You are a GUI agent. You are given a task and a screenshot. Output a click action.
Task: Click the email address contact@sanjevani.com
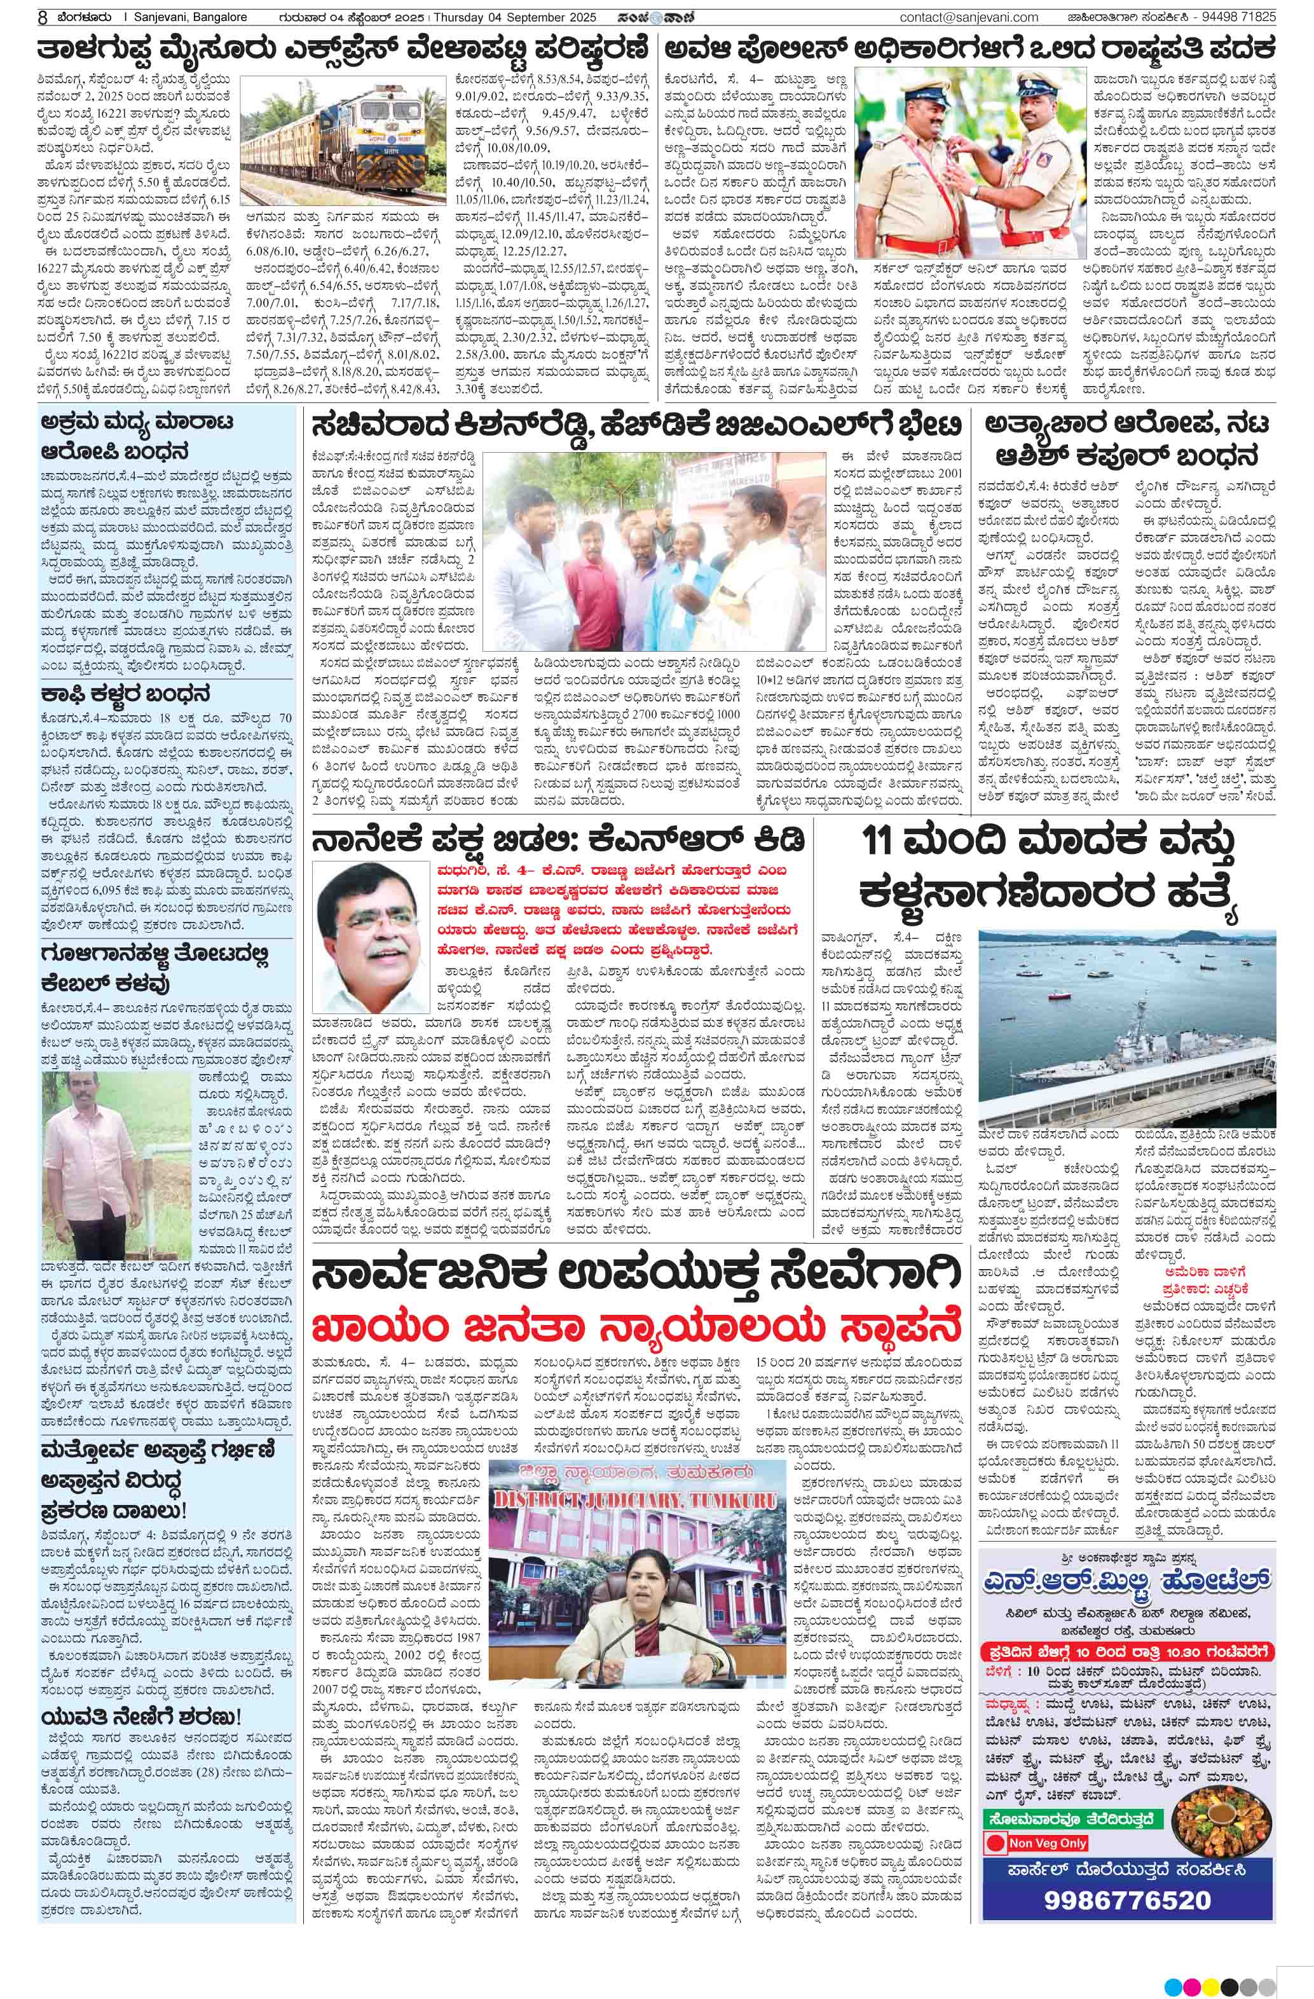click(968, 17)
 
